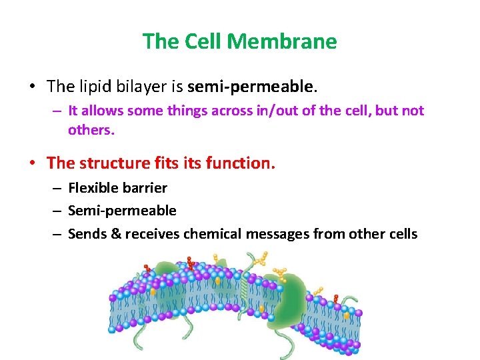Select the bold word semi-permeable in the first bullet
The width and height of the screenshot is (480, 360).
(250, 86)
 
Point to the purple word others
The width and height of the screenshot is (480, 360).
(91, 129)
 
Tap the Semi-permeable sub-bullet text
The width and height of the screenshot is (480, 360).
(122, 211)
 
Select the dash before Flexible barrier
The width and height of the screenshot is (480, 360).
(57, 189)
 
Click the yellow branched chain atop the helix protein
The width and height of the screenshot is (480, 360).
(259, 259)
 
